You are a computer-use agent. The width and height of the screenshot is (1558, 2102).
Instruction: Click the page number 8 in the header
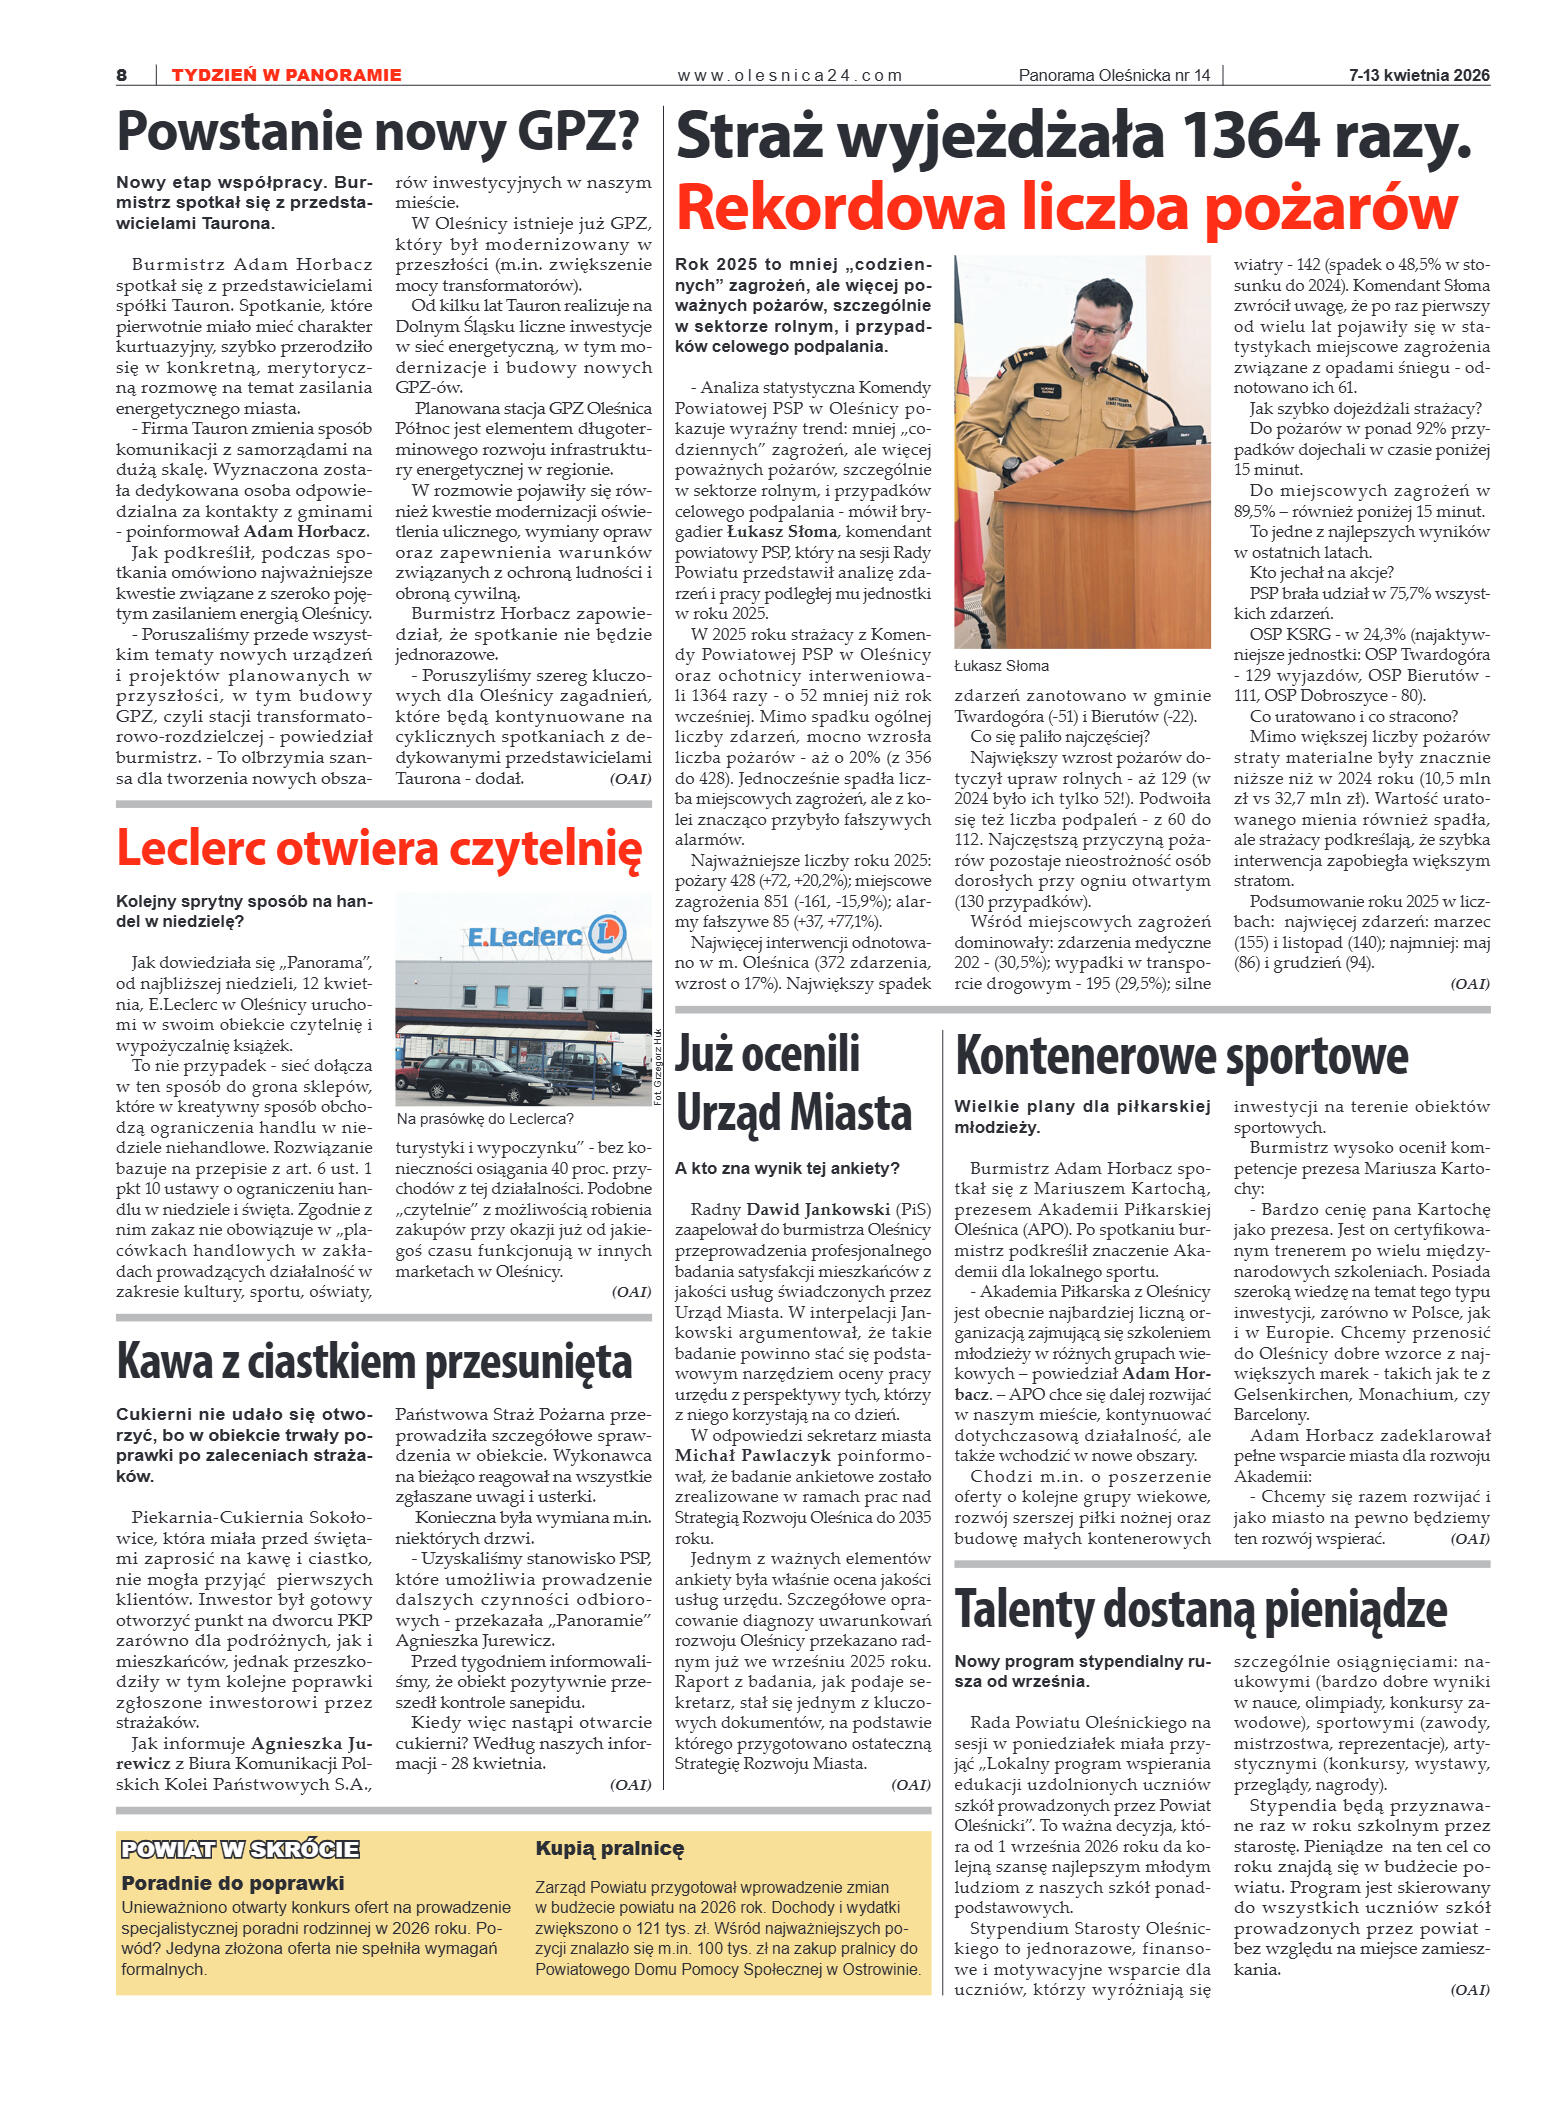[122, 75]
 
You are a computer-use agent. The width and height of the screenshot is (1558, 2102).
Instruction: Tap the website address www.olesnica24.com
[789, 75]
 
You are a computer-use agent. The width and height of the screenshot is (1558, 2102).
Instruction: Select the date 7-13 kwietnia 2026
[1418, 75]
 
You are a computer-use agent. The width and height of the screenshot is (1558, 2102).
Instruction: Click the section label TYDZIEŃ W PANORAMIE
[286, 75]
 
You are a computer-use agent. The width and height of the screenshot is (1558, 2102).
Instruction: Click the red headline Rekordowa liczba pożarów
[1066, 208]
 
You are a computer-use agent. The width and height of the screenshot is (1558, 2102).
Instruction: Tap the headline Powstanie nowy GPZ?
[378, 132]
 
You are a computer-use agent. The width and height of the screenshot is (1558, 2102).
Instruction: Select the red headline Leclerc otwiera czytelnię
[379, 848]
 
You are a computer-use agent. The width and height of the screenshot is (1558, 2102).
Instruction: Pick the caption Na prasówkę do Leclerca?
[485, 1119]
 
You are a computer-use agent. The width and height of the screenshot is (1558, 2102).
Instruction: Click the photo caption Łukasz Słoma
[1001, 666]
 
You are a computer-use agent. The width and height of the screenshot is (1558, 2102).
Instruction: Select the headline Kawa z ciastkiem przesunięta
[374, 1362]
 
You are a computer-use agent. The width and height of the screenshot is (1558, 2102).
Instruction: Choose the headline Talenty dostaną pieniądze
[1200, 1609]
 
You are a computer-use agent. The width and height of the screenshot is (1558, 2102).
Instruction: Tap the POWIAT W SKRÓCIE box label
[240, 1849]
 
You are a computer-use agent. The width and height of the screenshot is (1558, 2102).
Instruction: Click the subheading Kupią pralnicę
[609, 1849]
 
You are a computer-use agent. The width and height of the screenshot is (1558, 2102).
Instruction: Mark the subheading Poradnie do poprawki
[232, 1883]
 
